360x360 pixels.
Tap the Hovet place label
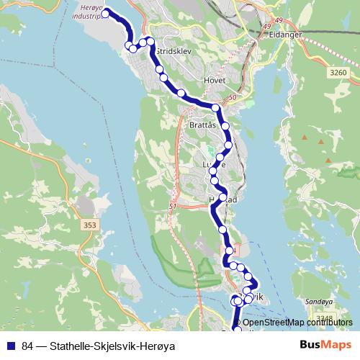(x=215, y=80)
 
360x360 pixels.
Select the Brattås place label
(x=202, y=125)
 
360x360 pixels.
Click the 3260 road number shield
(x=337, y=73)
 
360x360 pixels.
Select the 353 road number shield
(x=89, y=225)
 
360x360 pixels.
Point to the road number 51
(x=173, y=207)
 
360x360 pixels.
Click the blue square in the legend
(x=11, y=346)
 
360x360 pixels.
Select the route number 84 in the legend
(x=27, y=346)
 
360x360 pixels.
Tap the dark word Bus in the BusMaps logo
(x=311, y=345)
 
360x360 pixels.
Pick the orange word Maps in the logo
(x=337, y=345)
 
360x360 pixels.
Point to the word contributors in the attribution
(x=330, y=323)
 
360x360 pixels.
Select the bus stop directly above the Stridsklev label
(x=151, y=41)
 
